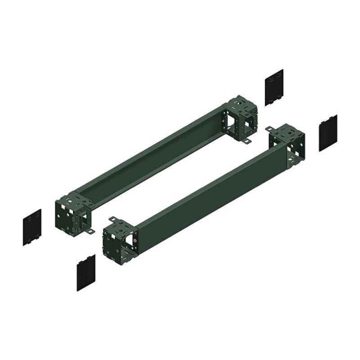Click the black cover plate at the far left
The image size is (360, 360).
coord(32,227)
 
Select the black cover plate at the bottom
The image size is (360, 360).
coord(86,272)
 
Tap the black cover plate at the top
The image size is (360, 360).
coord(274,87)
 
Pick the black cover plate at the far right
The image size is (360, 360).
coord(328,133)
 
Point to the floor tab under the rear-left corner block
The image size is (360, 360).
coord(90,232)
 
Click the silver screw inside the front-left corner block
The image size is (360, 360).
coord(135,243)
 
